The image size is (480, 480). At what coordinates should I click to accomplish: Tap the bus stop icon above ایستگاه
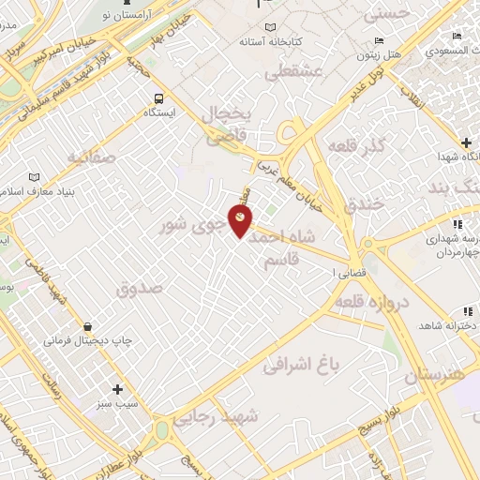(x=158, y=97)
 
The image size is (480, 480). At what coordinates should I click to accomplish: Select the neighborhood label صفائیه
(x=88, y=157)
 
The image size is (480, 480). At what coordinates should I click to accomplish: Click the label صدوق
(x=140, y=289)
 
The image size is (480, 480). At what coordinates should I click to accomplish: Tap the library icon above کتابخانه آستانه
(x=271, y=27)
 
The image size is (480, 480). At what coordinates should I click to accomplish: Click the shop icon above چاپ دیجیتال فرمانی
(x=89, y=325)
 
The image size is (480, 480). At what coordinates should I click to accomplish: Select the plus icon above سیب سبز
(x=117, y=388)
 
